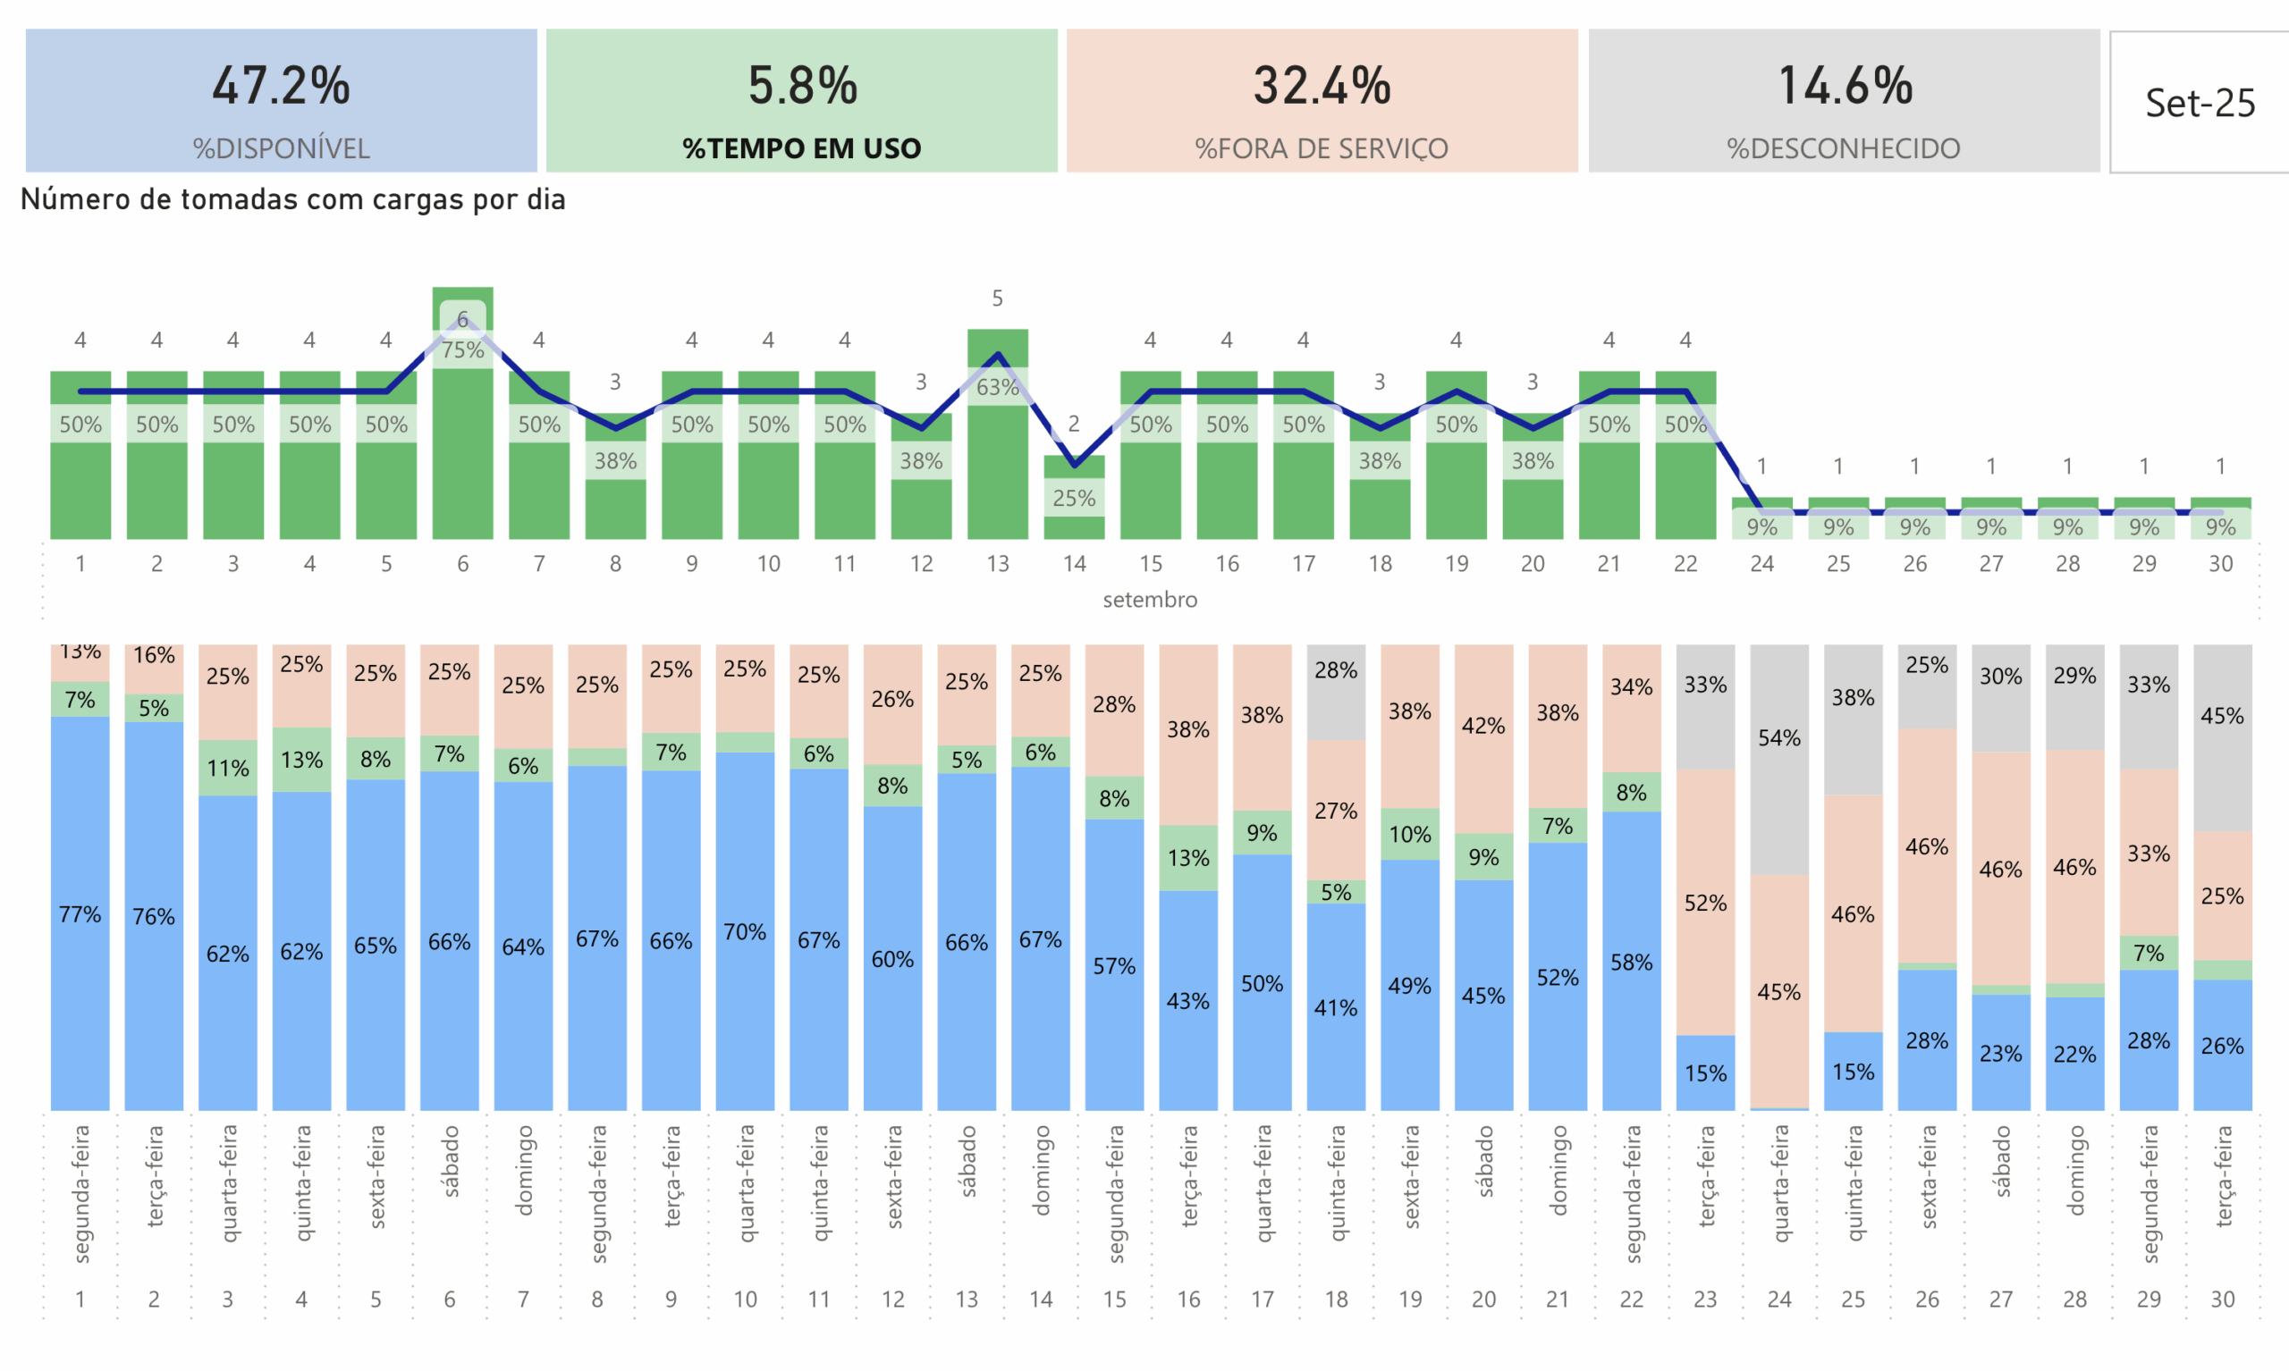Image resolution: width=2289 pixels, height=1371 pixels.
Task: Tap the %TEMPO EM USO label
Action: (801, 147)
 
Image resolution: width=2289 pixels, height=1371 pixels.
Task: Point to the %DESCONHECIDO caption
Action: (1843, 147)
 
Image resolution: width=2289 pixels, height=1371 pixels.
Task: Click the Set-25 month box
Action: (2200, 103)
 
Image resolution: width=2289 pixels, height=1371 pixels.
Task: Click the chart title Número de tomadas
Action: (292, 199)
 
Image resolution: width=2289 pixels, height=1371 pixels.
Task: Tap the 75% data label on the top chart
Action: (462, 350)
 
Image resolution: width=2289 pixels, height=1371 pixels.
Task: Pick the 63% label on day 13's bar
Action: (997, 387)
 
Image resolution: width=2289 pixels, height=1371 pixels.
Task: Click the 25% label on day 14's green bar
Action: (1074, 498)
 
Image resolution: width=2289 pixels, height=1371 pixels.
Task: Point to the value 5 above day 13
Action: (997, 299)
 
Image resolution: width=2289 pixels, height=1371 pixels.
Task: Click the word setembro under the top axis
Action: (1150, 600)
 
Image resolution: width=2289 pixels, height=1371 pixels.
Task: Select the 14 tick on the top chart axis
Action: (1074, 564)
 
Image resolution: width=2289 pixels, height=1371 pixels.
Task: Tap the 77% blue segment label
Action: (80, 913)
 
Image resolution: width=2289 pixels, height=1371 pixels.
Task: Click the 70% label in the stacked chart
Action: (745, 931)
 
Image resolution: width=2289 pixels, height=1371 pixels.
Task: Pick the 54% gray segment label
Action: (1779, 737)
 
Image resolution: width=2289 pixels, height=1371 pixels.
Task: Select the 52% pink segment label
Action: (1705, 903)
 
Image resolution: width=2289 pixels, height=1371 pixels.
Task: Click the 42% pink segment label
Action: (1483, 725)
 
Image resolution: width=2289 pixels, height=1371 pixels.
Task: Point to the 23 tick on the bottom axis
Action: (1705, 1299)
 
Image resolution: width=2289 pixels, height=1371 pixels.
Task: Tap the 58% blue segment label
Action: (1631, 962)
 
